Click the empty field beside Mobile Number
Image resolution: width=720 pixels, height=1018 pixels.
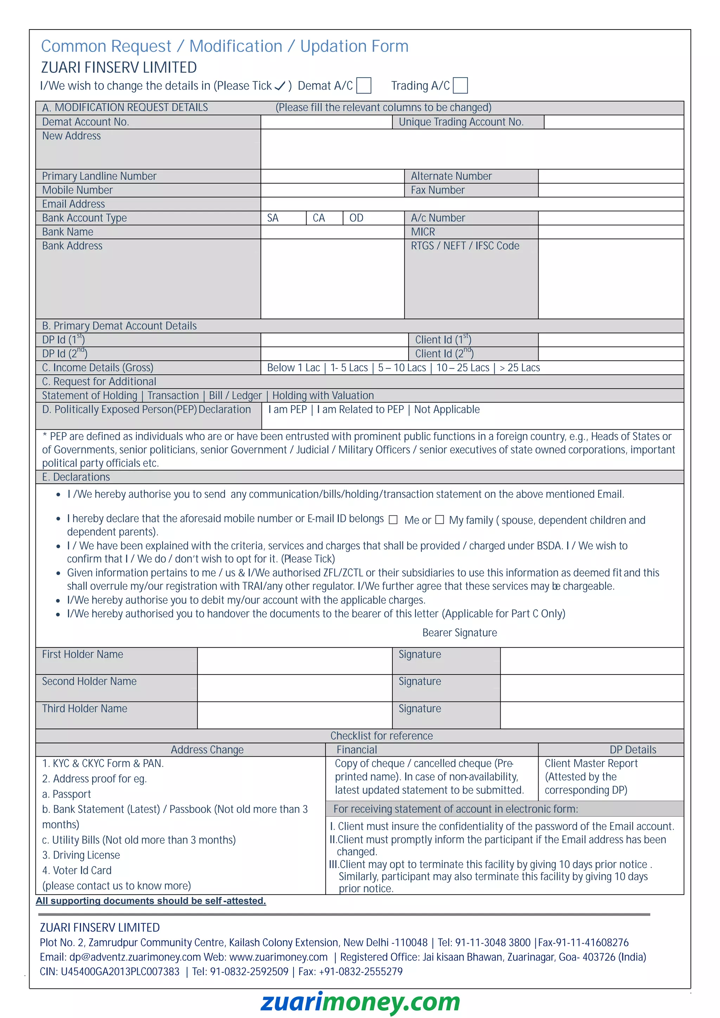coord(332,190)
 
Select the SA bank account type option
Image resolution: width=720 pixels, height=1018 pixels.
coord(273,218)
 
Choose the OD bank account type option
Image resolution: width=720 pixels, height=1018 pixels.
coord(356,218)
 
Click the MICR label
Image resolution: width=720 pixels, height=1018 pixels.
coord(423,232)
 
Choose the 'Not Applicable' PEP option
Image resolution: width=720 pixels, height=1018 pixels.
coord(447,409)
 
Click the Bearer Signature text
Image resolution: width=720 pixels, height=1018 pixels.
coord(459,633)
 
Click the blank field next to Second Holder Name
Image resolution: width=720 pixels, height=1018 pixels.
coord(295,688)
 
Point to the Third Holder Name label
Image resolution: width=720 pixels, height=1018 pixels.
coord(85,709)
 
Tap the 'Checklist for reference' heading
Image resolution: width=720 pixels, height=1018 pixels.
coord(381,736)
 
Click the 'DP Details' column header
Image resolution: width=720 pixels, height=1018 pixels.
coord(632,750)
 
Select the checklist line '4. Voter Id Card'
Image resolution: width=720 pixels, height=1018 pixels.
coord(77,870)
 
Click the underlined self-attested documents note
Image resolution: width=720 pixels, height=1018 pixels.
coord(151,901)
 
